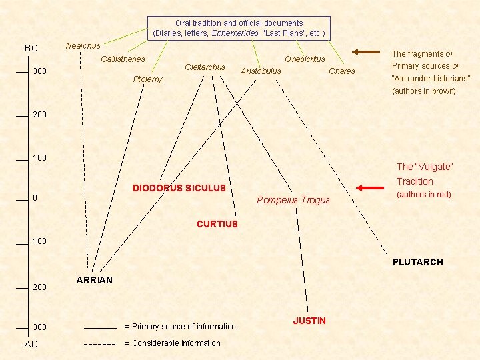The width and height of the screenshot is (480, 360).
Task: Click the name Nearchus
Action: (83, 46)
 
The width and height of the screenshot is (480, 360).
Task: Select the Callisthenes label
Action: (123, 60)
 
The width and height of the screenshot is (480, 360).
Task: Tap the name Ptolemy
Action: (147, 79)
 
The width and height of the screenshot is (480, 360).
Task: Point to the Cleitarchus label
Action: (205, 67)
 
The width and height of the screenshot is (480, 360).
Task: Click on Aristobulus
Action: (261, 71)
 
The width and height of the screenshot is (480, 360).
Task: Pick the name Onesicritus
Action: (305, 59)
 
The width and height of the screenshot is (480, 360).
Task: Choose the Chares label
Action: (342, 71)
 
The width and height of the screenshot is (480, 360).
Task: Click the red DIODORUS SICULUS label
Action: (179, 189)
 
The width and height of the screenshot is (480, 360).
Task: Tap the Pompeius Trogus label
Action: (293, 200)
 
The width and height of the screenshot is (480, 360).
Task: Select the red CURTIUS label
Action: (217, 224)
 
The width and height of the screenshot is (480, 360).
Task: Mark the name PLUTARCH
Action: (417, 262)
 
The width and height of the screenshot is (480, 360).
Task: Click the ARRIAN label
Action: (95, 280)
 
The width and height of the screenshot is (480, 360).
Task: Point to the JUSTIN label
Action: (309, 321)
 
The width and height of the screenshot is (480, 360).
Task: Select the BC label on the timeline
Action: (31, 49)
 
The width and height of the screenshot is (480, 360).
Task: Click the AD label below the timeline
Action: (31, 343)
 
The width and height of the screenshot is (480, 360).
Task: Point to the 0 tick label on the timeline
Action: (35, 199)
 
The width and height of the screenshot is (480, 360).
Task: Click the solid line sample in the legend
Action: (100, 328)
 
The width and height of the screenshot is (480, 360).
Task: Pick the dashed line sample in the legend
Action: (100, 344)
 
